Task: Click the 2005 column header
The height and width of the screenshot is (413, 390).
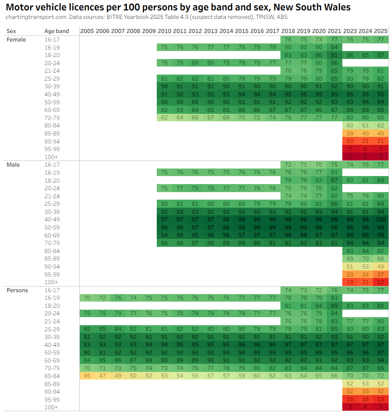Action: click(x=87, y=31)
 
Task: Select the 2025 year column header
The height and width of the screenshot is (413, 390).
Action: click(x=381, y=31)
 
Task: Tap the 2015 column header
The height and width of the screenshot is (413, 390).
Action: click(x=242, y=31)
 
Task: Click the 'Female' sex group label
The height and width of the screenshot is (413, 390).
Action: click(x=16, y=40)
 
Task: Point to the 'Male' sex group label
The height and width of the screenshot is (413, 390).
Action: click(x=13, y=165)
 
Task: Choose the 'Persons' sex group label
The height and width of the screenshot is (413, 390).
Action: click(x=17, y=290)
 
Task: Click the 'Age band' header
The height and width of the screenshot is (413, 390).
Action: click(x=57, y=31)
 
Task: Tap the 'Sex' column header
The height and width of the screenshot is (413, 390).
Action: click(x=11, y=31)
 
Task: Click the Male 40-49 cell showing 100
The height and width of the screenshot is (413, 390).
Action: click(x=381, y=219)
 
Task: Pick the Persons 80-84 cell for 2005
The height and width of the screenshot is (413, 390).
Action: click(x=87, y=376)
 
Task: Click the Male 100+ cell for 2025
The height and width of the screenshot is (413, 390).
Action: click(x=381, y=282)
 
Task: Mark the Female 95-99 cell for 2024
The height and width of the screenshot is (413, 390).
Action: click(x=365, y=149)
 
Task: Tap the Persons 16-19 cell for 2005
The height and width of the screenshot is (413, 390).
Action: click(x=87, y=298)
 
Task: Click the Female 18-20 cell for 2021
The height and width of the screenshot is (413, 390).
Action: click(x=334, y=55)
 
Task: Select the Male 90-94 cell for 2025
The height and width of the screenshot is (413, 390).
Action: click(x=381, y=266)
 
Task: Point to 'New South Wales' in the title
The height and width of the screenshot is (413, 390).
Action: click(x=321, y=7)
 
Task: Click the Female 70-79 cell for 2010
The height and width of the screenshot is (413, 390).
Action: click(x=164, y=118)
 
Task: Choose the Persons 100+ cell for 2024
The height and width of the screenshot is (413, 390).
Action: click(x=365, y=407)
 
